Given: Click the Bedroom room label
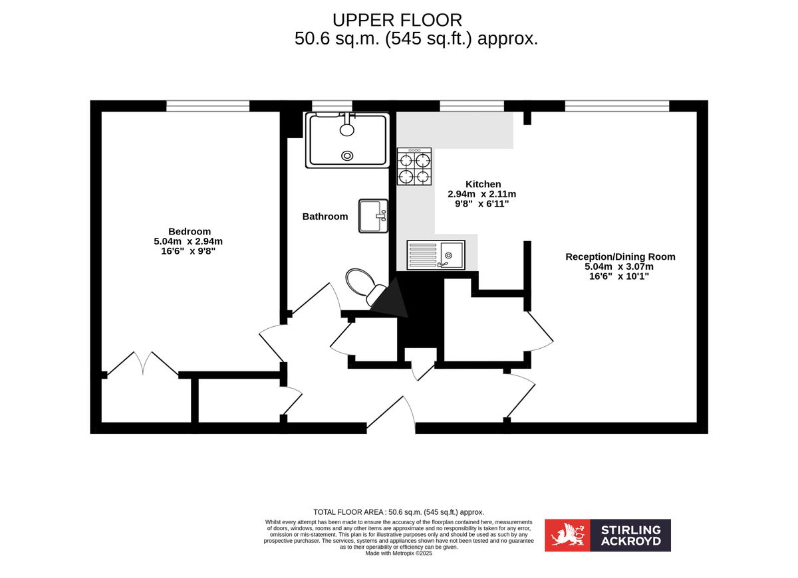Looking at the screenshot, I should tap(190, 231).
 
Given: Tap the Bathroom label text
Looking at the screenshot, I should tap(325, 217).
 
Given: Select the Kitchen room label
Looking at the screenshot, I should tap(483, 184).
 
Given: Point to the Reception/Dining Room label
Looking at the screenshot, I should tap(620, 256).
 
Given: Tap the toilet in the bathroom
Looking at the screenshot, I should tap(363, 284).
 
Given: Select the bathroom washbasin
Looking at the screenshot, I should tap(373, 216).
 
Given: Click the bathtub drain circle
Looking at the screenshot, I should tap(347, 155).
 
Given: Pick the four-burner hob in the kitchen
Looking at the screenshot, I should tap(414, 167).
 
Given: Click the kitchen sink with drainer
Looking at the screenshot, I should tap(436, 255).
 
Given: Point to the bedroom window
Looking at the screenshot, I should tap(207, 106).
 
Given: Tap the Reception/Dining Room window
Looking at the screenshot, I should tap(616, 106).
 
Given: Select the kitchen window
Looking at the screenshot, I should tap(471, 106).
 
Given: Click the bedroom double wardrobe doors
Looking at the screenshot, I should tap(142, 364).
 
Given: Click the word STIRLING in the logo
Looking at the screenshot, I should tap(631, 530).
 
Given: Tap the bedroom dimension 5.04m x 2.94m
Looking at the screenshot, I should tap(190, 241).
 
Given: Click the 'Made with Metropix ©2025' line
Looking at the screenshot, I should tap(399, 553).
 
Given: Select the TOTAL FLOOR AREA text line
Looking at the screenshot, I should tap(399, 512).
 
